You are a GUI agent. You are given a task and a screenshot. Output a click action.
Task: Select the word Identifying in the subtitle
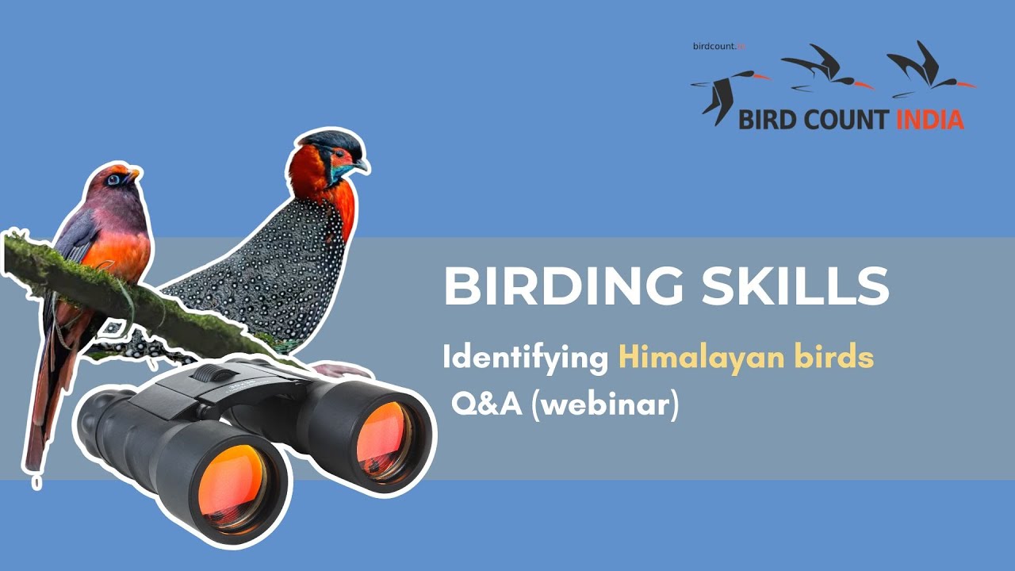[x=525, y=358]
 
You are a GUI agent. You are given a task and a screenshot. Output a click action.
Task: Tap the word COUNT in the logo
[x=845, y=120]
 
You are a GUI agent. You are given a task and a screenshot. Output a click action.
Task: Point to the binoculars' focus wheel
[x=208, y=373]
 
